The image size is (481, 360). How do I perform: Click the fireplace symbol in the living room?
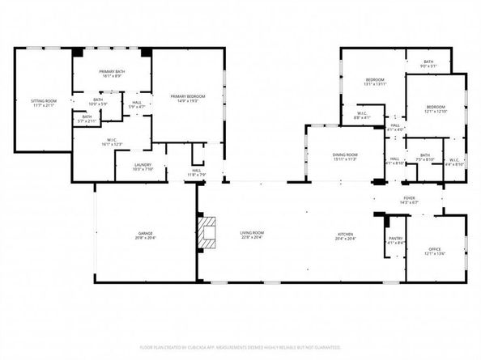pyautogui.click(x=210, y=232)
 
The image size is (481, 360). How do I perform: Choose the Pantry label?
pyautogui.click(x=395, y=239)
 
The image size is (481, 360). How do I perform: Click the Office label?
pyautogui.click(x=436, y=251)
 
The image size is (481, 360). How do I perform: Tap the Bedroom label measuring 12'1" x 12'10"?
pyautogui.click(x=436, y=108)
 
